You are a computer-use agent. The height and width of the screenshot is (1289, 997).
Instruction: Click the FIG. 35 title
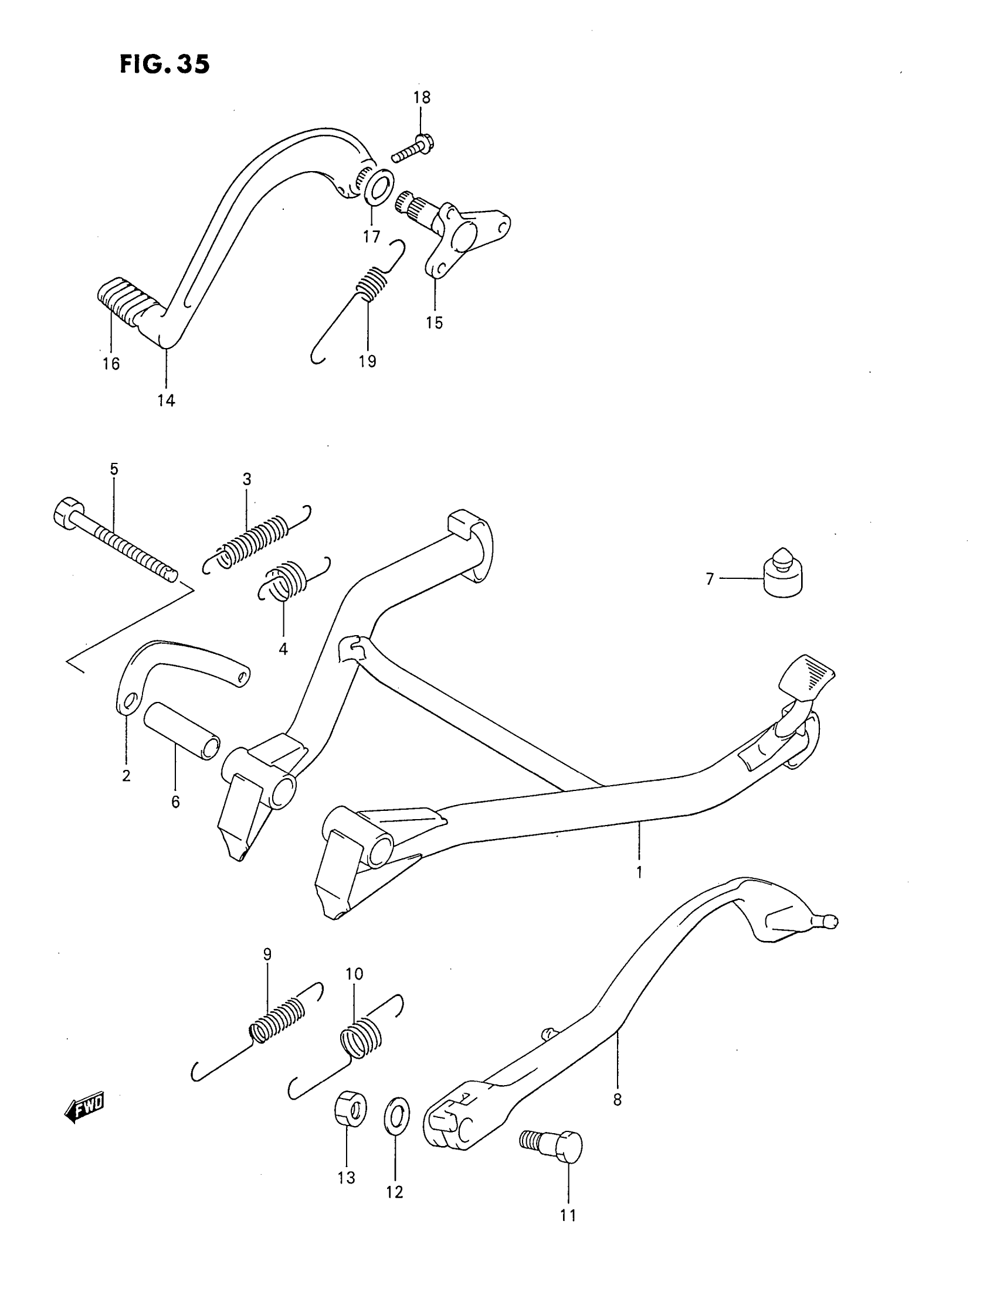(164, 64)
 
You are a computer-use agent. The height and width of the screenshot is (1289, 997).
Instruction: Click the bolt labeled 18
(412, 149)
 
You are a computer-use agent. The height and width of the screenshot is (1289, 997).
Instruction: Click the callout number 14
(166, 400)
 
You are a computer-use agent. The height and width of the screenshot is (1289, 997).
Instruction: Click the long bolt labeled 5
(115, 540)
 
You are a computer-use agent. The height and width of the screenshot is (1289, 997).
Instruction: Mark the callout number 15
(434, 323)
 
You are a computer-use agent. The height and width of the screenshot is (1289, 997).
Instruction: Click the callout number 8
(617, 1100)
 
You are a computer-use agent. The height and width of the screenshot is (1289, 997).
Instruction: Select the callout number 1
(639, 872)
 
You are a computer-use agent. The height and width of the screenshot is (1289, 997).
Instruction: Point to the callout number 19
(367, 361)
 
